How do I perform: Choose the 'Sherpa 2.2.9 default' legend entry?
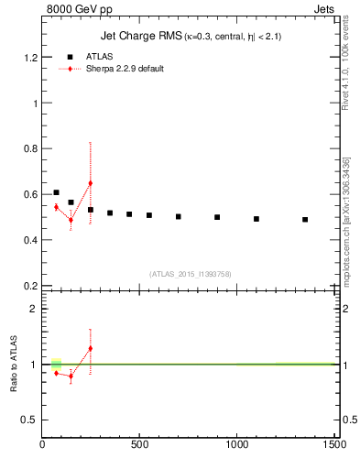pyautogui.click(x=125, y=69)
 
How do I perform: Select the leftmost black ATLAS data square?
pyautogui.click(x=56, y=192)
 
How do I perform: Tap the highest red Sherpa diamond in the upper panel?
pyautogui.click(x=90, y=183)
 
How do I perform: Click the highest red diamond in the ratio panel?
pyautogui.click(x=90, y=348)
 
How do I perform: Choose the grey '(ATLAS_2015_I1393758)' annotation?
pyautogui.click(x=189, y=273)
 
